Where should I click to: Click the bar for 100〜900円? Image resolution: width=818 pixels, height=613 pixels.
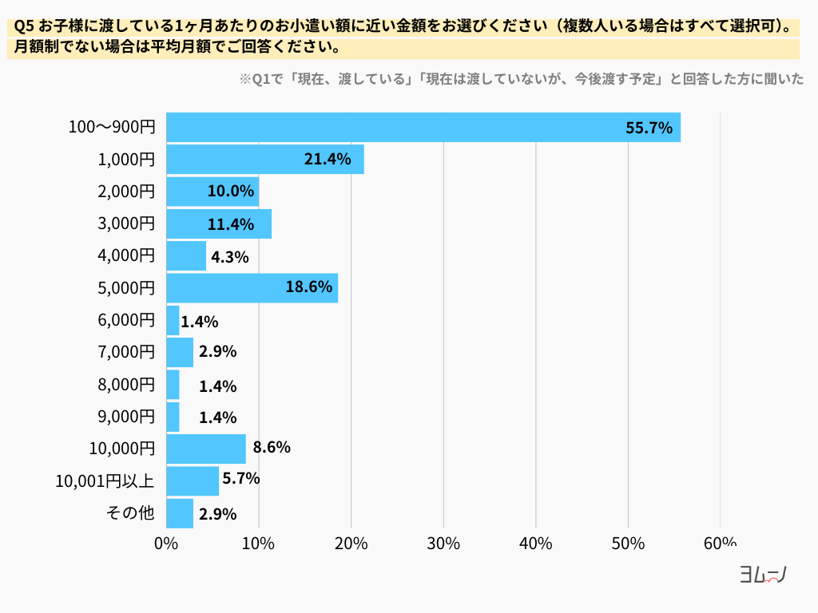point(423,128)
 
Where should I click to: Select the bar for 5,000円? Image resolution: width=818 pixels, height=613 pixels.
point(252,287)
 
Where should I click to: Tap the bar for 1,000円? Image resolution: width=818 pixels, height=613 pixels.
point(264,160)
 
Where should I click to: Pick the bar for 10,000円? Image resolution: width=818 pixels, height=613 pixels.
point(206,449)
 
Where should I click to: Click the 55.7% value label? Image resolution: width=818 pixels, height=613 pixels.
point(649,128)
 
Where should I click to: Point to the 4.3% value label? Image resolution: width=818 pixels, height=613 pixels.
point(230,257)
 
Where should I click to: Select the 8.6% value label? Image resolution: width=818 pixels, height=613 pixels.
point(272,448)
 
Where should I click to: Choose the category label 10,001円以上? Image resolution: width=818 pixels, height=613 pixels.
point(105,481)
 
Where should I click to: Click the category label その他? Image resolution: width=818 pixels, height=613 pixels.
point(130,513)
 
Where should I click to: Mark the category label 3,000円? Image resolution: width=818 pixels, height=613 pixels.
point(126,223)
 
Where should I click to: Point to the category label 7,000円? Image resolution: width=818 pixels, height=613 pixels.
point(126,352)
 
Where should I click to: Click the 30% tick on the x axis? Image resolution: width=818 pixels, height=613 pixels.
point(443,544)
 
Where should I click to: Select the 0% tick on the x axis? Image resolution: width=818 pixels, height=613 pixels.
point(166,544)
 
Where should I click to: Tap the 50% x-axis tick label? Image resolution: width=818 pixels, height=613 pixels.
point(628,544)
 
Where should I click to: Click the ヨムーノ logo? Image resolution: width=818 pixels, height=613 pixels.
point(764,575)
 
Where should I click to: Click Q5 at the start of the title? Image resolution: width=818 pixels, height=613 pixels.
point(23,26)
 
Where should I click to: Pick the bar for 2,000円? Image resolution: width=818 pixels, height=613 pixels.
point(212,192)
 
